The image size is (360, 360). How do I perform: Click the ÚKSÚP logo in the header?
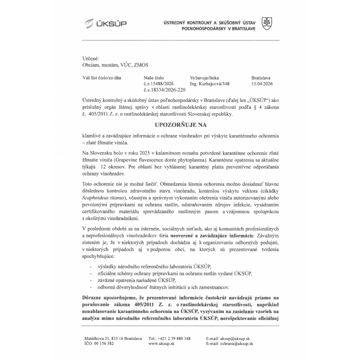pyautogui.click(x=105, y=24)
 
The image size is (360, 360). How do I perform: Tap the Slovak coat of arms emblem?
pyautogui.click(x=267, y=23)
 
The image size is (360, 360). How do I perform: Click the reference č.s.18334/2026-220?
pyautogui.click(x=164, y=90)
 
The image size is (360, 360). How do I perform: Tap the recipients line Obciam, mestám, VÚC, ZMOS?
pyautogui.click(x=114, y=65)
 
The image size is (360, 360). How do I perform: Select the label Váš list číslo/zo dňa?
pyautogui.click(x=102, y=78)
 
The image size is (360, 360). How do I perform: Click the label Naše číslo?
pyautogui.click(x=154, y=78)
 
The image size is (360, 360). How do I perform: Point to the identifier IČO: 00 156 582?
pyautogui.click(x=99, y=343)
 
